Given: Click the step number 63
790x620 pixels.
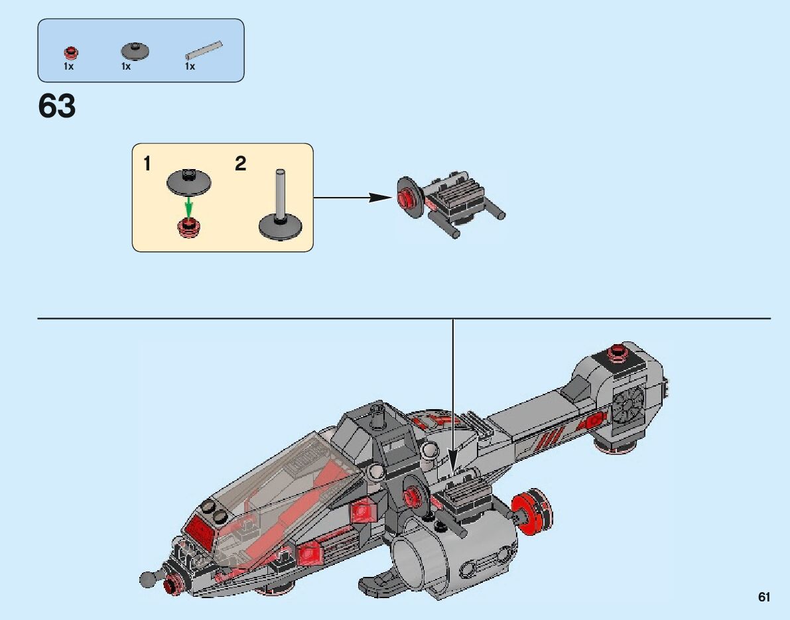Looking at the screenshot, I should pos(57,106).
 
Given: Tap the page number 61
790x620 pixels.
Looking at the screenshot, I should pos(764,597).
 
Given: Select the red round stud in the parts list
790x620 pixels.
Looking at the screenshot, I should pos(70,52).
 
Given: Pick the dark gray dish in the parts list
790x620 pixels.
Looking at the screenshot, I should pos(135,50).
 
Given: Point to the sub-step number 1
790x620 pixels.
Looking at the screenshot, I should pos(147,164).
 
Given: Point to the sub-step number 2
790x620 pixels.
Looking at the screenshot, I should pos(240,164).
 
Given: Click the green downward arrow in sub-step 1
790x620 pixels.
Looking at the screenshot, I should pos(189,205).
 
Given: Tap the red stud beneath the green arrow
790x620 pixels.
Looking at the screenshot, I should pos(189,227).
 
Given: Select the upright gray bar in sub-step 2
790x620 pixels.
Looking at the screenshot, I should pos(281,192).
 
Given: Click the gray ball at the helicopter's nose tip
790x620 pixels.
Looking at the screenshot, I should pos(147,579).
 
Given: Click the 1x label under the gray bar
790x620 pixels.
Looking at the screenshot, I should pos(190,66).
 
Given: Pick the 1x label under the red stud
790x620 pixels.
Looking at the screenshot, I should pos(69,66).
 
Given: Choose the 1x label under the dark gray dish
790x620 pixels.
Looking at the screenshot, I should pos(126,66).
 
